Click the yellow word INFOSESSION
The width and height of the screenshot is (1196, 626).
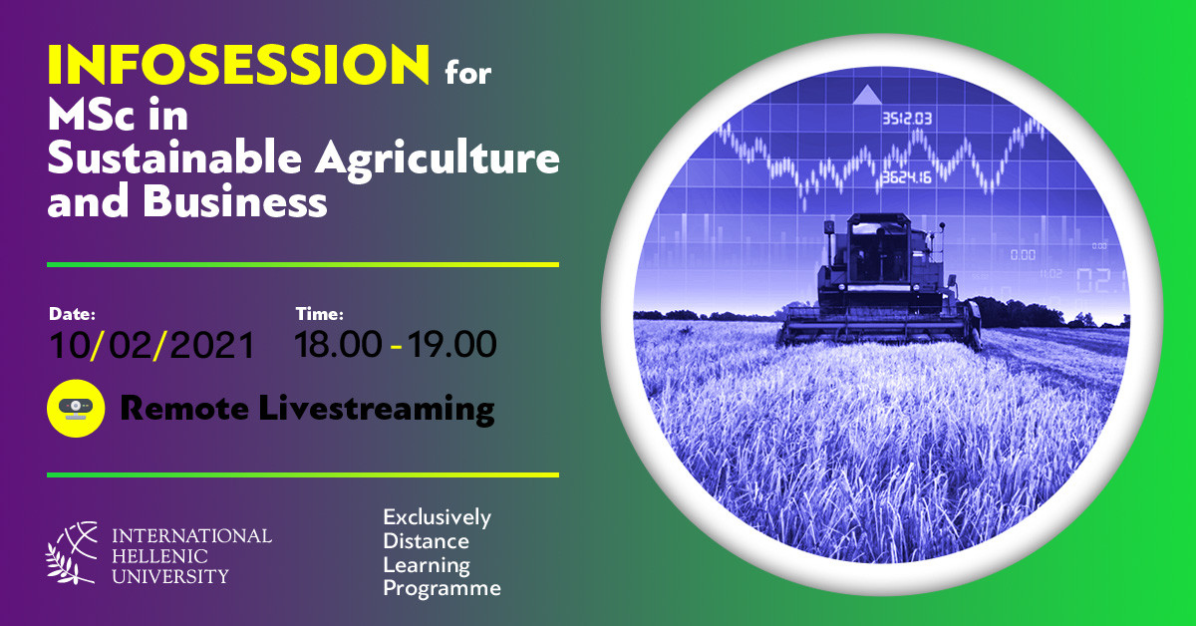238,65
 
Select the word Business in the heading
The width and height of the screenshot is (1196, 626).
234,200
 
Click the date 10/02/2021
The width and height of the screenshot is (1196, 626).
151,345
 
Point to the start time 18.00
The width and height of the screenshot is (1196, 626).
338,344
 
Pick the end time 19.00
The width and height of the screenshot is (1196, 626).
451,344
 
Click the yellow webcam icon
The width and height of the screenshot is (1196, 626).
76,409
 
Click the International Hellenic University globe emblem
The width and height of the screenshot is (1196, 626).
72,553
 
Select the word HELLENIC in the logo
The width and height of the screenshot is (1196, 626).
159,556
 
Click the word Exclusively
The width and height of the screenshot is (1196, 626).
437,517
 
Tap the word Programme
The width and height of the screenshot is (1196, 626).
442,588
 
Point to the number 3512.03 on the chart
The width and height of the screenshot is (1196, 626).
907,118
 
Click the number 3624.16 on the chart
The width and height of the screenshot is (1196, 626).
906,176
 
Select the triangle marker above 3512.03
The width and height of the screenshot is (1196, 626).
867,94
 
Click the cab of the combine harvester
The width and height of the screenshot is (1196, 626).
878,249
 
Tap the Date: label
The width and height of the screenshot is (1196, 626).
72,314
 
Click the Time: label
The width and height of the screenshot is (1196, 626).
319,314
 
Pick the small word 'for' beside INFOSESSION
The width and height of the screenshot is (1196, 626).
467,73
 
